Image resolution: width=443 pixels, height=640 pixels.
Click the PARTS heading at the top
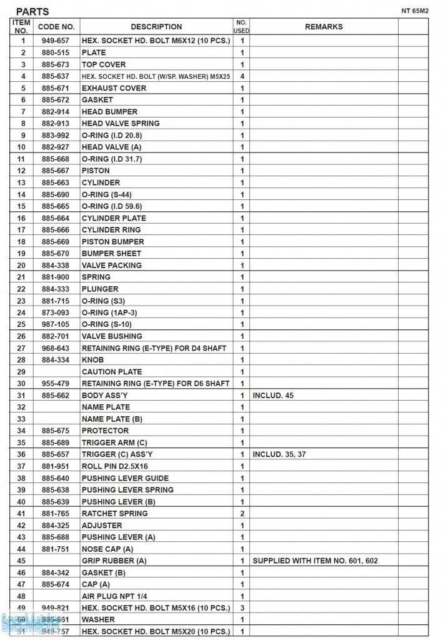click(x=32, y=11)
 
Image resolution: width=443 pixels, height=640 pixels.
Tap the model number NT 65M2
click(x=415, y=11)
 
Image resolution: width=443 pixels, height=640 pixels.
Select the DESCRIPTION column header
click(x=156, y=27)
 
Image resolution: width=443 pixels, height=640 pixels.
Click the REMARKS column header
click(x=324, y=27)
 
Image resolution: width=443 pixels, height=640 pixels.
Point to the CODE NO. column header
click(x=56, y=27)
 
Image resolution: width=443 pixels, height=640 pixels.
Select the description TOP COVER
click(x=104, y=64)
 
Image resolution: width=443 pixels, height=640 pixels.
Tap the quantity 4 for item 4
click(x=242, y=76)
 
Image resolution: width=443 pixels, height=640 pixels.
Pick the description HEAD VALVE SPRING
click(x=121, y=123)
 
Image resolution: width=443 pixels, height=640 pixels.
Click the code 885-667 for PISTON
click(x=56, y=171)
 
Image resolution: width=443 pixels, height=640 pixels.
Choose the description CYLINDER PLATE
click(x=114, y=218)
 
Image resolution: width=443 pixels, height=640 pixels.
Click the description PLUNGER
click(x=100, y=289)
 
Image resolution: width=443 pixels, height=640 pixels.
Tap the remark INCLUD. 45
click(x=273, y=396)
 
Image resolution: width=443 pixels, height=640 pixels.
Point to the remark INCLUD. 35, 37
click(x=279, y=454)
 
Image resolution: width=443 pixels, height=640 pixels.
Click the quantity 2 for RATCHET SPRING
click(x=242, y=513)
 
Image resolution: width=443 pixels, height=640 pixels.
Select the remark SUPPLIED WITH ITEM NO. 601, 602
click(x=315, y=561)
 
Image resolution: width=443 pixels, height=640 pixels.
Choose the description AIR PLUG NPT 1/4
click(x=114, y=596)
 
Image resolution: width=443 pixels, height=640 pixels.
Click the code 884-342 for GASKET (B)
click(x=56, y=572)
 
